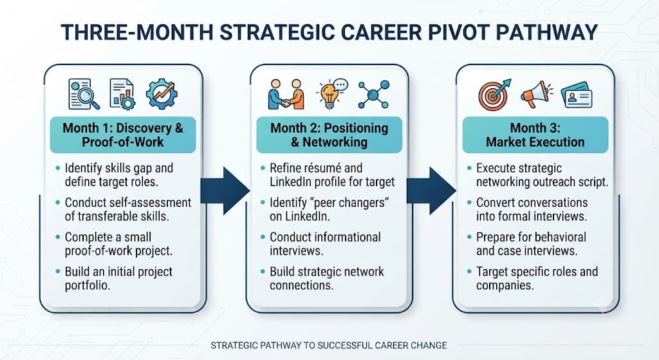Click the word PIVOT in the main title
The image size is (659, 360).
(x=454, y=32)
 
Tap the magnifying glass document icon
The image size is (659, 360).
(x=84, y=94)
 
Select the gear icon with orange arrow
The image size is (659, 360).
(x=162, y=94)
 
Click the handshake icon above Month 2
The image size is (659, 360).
(x=286, y=94)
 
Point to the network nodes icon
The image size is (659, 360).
(x=374, y=95)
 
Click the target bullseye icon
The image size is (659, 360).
(x=494, y=94)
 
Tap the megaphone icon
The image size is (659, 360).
(x=537, y=94)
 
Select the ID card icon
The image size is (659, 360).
(x=577, y=95)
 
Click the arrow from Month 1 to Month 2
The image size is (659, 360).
(x=225, y=191)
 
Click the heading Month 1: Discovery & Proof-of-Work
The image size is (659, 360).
(x=123, y=135)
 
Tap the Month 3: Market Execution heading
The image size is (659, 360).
(x=535, y=135)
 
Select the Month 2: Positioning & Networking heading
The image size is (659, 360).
(x=329, y=135)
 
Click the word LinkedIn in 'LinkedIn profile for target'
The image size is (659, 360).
(x=291, y=182)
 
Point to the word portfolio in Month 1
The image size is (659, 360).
(x=88, y=286)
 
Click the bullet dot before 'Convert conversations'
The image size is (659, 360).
(x=469, y=203)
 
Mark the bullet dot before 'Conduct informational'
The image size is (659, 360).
(x=263, y=237)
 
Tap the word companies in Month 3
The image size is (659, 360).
(x=505, y=286)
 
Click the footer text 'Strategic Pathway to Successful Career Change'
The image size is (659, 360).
(x=329, y=346)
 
